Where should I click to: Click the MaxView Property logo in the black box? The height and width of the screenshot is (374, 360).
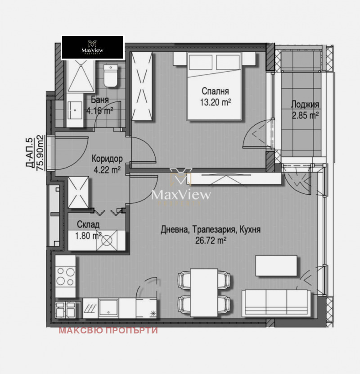coord(92,47)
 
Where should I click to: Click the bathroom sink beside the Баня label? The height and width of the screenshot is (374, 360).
coord(75,109)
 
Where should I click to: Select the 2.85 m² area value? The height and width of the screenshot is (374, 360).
coord(305,115)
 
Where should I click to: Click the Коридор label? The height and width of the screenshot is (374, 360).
coord(107,159)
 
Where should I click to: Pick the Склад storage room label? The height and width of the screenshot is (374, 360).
coord(85,224)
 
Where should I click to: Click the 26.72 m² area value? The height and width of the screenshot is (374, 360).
coord(211,241)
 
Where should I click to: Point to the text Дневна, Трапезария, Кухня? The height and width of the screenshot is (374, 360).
coord(211,230)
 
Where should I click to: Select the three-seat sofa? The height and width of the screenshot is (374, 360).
coord(276,303)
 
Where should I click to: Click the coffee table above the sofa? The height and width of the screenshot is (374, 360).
coord(276,265)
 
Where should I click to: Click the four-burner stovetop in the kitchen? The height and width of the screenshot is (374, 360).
coord(66,276)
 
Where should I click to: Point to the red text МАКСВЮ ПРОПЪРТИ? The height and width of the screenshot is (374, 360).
coord(108,330)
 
